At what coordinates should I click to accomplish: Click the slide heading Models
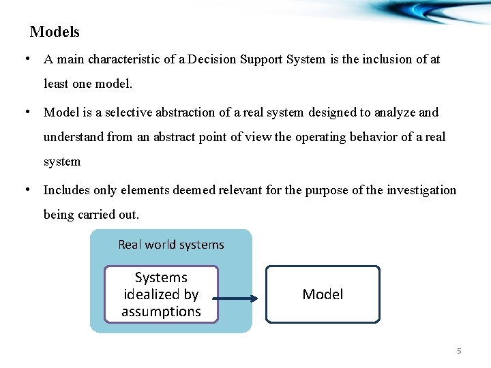[55, 32]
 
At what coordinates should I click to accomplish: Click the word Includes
[68, 190]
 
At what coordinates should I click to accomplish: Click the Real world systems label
[170, 244]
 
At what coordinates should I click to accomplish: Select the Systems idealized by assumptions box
[161, 294]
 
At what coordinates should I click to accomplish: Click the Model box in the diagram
[323, 294]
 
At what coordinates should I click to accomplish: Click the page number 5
[459, 351]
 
